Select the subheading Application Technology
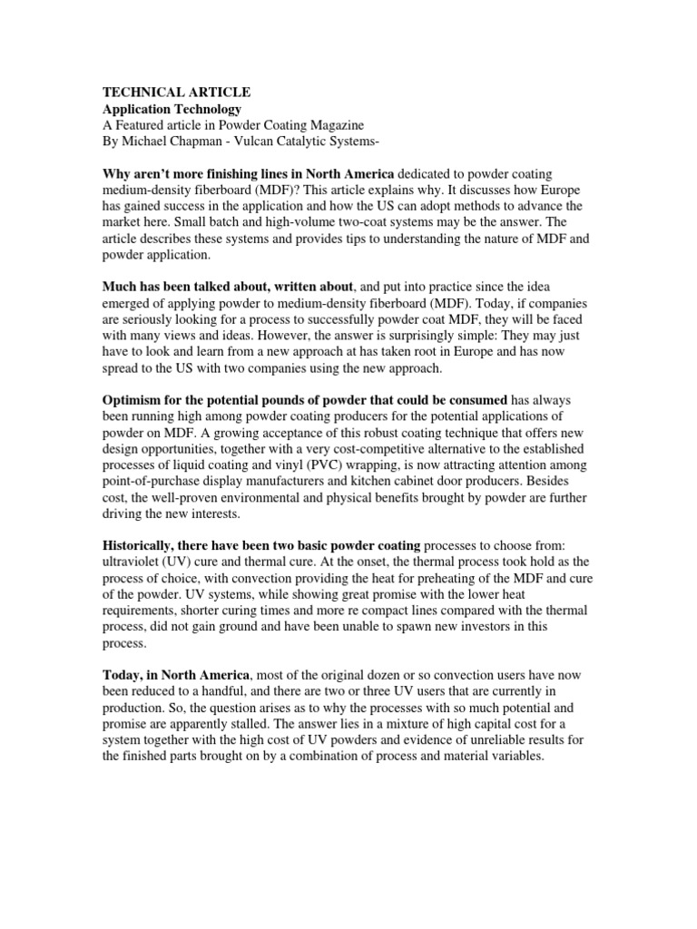click(x=171, y=110)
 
